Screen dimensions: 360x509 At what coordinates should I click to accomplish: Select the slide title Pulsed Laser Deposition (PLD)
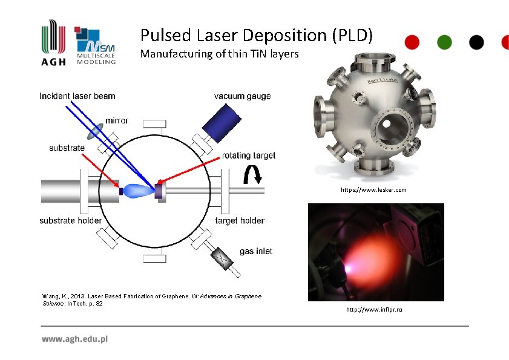(x=256, y=35)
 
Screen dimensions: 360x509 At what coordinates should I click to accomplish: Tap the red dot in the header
(x=412, y=42)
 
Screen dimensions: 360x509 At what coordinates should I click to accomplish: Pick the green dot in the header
(x=444, y=42)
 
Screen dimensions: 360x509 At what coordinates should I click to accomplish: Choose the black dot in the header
(x=476, y=42)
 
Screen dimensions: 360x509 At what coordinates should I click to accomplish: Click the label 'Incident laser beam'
(x=77, y=96)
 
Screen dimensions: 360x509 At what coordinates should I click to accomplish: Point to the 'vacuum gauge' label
(x=242, y=96)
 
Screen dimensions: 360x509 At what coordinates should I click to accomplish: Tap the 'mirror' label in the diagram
(x=117, y=121)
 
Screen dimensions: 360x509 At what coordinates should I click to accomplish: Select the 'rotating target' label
(x=248, y=155)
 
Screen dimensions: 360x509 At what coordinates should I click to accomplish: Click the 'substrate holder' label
(x=70, y=220)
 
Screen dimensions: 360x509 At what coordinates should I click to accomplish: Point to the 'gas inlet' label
(x=255, y=251)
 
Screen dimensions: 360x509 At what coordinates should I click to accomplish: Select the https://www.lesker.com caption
(x=373, y=190)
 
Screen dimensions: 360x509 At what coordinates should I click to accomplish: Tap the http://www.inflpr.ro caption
(x=374, y=310)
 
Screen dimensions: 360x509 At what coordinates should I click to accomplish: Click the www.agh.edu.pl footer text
(x=74, y=339)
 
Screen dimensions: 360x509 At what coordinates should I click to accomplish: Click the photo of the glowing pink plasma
(x=376, y=252)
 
